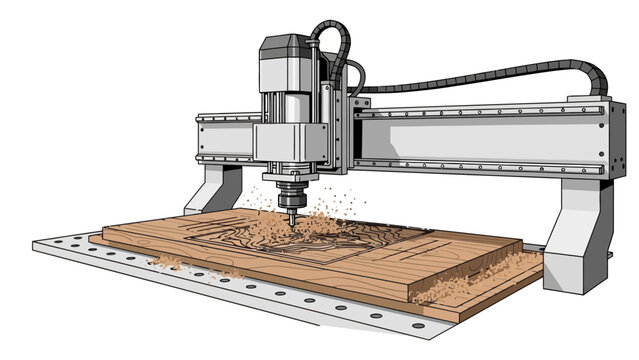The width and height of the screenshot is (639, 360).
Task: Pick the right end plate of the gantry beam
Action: click(600, 140)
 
